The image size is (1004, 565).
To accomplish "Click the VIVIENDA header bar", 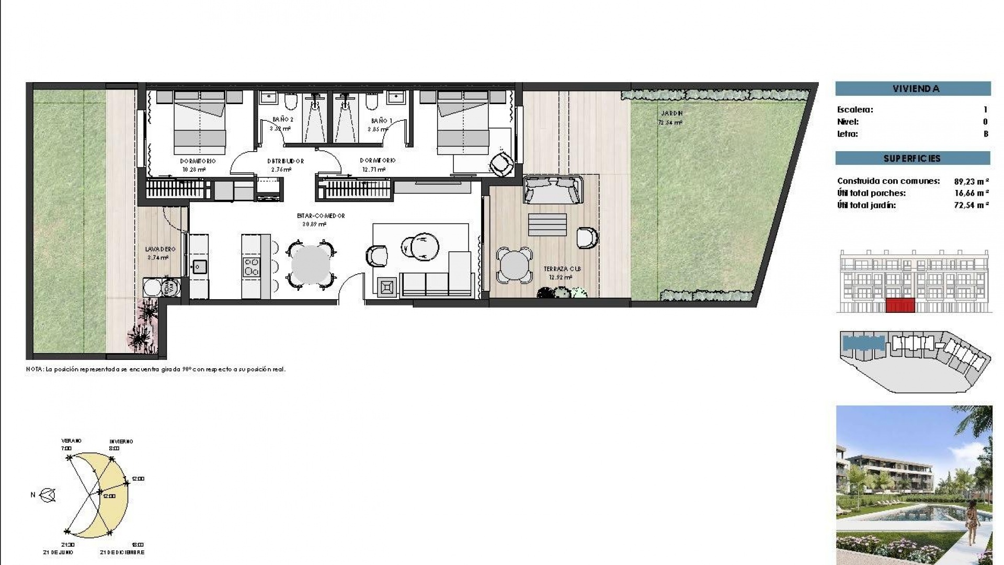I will tap(912, 88).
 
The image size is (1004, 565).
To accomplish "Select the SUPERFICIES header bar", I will tap(912, 158).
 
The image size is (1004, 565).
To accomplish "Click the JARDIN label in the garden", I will tap(671, 113).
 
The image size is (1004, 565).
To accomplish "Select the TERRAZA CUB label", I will tap(562, 269).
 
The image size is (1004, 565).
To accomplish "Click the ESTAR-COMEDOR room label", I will tap(313, 216).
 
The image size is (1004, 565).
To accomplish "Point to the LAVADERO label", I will tap(160, 250).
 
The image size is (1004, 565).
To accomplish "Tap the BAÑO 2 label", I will tap(282, 120).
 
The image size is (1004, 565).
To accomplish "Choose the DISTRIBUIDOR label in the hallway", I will tap(285, 161).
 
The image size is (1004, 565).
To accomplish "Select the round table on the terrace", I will tap(515, 266).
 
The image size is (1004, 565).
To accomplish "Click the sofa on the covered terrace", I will tap(553, 189).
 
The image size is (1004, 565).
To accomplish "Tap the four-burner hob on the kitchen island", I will tap(252, 266).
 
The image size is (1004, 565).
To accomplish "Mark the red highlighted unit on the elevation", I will tap(900, 305).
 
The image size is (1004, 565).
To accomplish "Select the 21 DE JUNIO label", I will tap(58, 552).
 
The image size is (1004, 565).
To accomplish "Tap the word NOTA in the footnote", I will tap(35, 369).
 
